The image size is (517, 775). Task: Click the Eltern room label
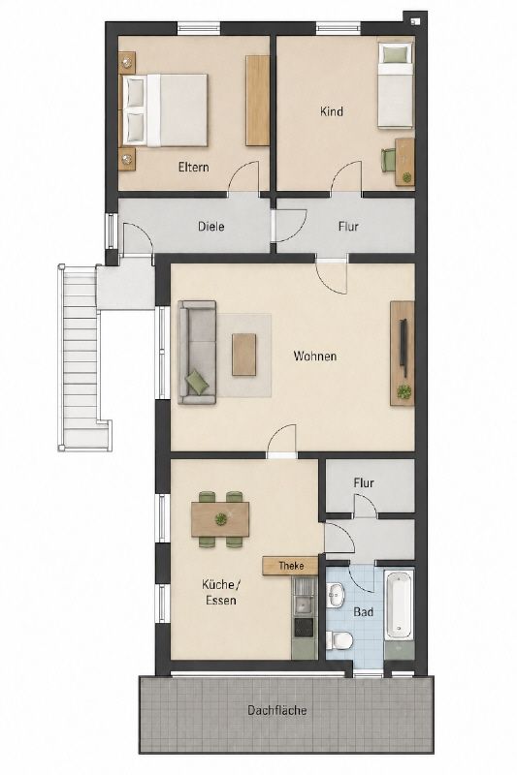tap(193, 167)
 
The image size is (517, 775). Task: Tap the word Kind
tap(332, 111)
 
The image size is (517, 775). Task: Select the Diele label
tap(210, 227)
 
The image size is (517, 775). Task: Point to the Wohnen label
tap(315, 356)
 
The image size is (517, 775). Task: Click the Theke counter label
tap(291, 566)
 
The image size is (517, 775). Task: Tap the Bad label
tap(363, 612)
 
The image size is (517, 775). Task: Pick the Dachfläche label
tap(277, 710)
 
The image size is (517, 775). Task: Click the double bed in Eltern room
tap(165, 109)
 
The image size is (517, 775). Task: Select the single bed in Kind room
tap(396, 85)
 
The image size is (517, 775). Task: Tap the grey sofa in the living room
tap(198, 353)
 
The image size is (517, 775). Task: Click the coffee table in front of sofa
tap(244, 355)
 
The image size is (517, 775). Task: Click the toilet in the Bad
tap(339, 640)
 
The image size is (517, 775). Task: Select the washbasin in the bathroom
tap(337, 595)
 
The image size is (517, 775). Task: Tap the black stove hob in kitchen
tap(304, 627)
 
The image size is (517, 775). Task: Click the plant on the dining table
tap(220, 519)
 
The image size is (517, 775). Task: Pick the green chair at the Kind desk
tap(387, 159)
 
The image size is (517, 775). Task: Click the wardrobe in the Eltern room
tap(257, 101)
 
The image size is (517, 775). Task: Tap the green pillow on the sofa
tap(196, 383)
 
